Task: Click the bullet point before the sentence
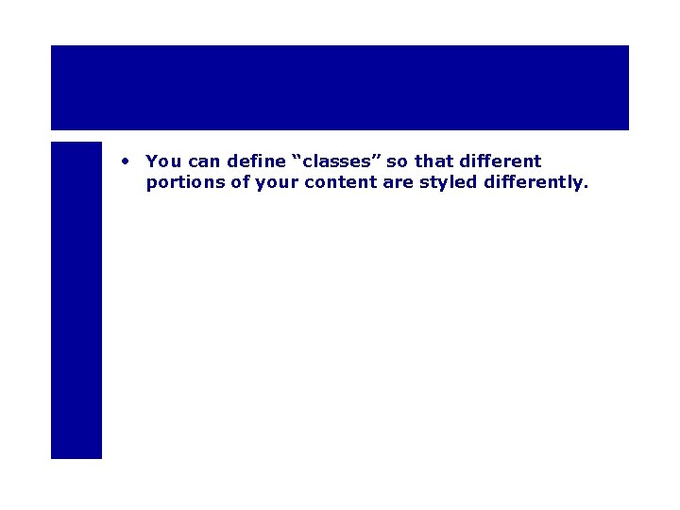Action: click(125, 161)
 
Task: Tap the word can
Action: click(204, 161)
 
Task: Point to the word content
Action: click(342, 182)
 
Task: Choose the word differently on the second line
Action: click(533, 182)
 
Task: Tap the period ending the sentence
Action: click(586, 187)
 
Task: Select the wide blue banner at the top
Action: click(340, 87)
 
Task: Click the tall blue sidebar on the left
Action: click(76, 300)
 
